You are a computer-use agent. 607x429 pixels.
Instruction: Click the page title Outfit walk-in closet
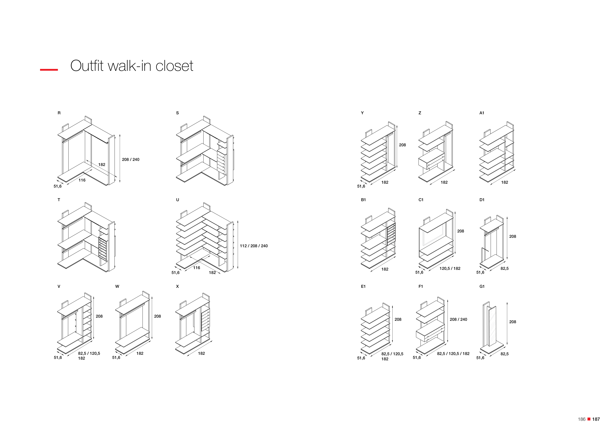click(x=132, y=66)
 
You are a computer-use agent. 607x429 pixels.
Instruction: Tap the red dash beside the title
click(x=49, y=70)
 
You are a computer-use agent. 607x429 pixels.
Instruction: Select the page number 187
click(x=596, y=419)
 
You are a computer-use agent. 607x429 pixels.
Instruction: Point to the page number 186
click(x=582, y=419)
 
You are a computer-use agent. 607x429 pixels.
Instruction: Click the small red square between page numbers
click(x=589, y=419)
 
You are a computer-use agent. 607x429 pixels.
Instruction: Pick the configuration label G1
click(x=482, y=286)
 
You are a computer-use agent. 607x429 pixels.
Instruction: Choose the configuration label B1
click(x=363, y=200)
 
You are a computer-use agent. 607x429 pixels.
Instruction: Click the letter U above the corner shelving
click(x=177, y=200)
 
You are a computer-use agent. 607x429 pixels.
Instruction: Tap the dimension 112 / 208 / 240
click(x=253, y=246)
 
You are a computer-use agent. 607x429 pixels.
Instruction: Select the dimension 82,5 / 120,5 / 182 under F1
click(x=453, y=354)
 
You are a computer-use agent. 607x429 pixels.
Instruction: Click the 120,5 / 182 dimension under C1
click(x=450, y=268)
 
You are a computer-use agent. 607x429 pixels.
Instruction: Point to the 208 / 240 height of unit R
click(x=131, y=160)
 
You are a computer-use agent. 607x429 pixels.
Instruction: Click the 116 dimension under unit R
click(x=82, y=180)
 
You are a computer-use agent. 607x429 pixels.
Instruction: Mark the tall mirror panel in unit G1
click(x=492, y=326)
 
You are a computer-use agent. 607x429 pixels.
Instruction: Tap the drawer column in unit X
click(x=205, y=321)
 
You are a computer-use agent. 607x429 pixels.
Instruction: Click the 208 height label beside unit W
click(x=158, y=316)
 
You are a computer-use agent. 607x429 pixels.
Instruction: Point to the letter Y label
click(x=362, y=113)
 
